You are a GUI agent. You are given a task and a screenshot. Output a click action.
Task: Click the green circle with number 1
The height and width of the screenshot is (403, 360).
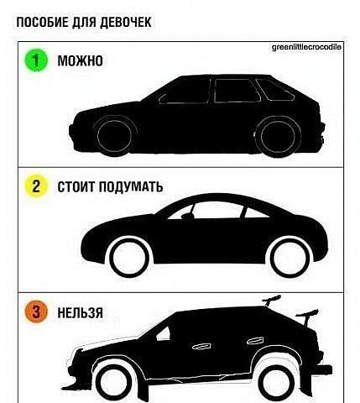click(36, 60)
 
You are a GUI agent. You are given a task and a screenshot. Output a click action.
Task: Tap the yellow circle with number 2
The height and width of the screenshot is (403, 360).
click(36, 186)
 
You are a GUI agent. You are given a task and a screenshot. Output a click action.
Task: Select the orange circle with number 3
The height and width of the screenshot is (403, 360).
click(36, 311)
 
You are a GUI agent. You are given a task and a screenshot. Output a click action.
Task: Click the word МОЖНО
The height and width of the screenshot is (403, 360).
click(80, 60)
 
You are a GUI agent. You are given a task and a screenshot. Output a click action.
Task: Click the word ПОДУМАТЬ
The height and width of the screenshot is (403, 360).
click(131, 186)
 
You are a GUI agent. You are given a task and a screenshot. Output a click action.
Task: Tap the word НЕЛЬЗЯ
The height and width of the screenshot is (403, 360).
click(81, 312)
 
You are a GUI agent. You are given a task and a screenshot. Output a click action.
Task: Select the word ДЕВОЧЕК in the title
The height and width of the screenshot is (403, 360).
click(126, 23)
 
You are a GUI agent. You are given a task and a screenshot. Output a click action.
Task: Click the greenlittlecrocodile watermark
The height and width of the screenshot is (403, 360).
click(306, 47)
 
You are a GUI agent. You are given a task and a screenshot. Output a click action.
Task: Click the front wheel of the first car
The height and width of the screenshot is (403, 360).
click(114, 136)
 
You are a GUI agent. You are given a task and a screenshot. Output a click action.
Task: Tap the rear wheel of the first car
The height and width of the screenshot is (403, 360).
click(277, 137)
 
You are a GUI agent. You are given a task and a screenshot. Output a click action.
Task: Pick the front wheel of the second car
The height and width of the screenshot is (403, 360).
click(129, 258)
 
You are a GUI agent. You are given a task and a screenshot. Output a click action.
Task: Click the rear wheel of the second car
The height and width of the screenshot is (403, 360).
click(291, 258)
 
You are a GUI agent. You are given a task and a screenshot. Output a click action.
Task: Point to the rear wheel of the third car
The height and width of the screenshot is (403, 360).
click(277, 383)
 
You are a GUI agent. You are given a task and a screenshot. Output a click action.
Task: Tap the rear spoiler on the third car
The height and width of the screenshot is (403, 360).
click(307, 317)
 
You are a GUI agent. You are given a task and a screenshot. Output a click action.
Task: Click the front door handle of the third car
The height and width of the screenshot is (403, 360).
click(201, 347)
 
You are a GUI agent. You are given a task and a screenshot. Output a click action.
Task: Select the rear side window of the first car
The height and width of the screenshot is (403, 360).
click(274, 90)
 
